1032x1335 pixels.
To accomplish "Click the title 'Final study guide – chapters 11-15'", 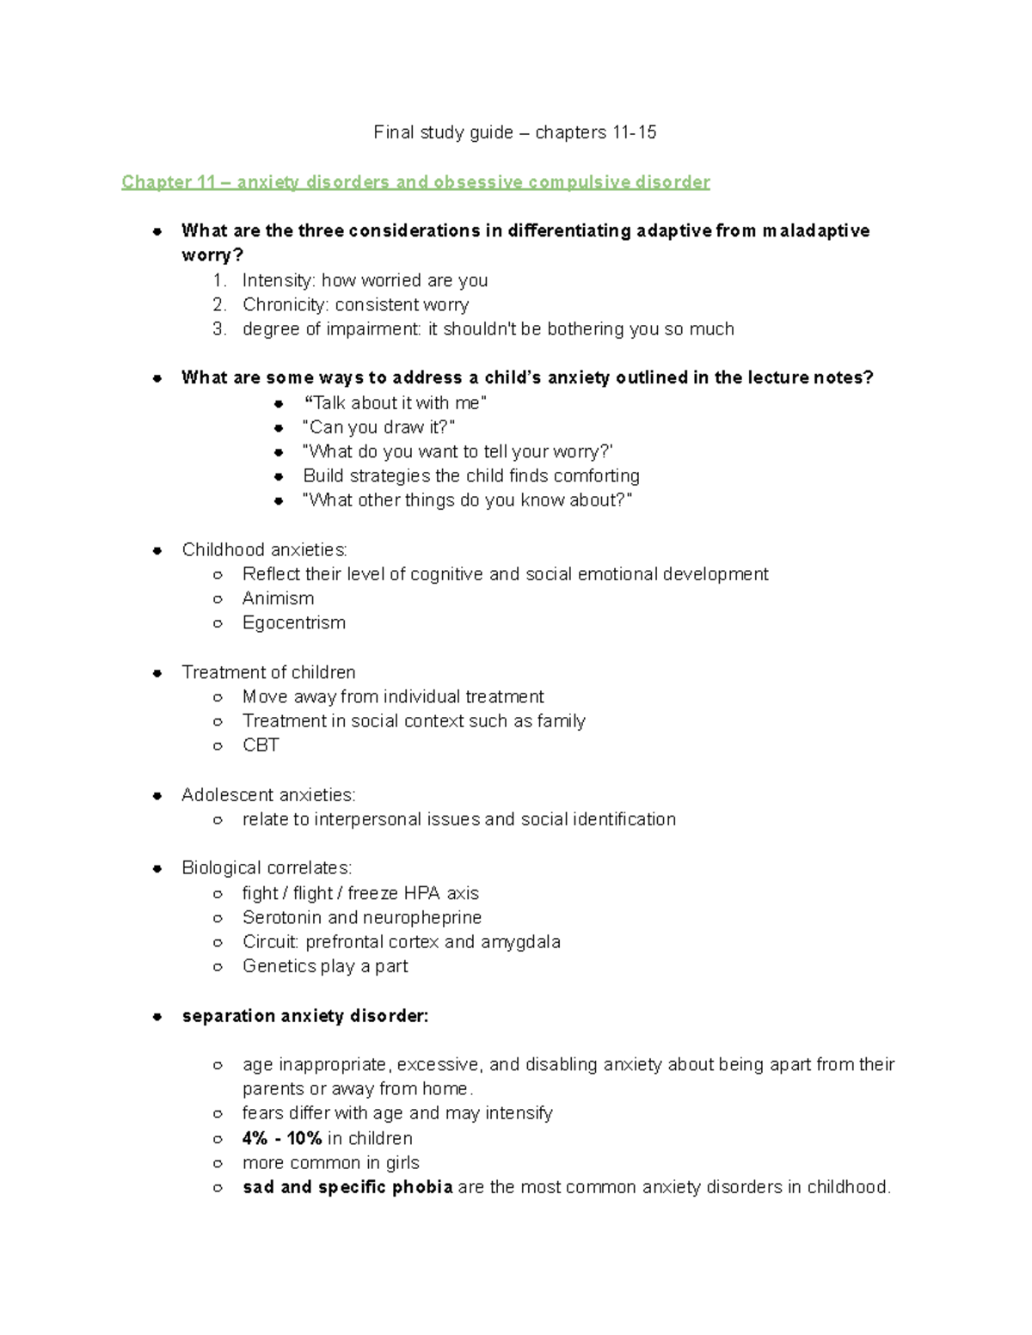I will click(514, 132).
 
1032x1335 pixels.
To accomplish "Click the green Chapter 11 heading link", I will click(415, 182).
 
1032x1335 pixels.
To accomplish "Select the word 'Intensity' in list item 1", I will click(278, 280).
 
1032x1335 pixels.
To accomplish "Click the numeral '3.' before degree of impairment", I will click(219, 329).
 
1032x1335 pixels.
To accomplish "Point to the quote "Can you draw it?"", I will click(378, 427).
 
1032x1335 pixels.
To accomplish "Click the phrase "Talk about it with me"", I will click(396, 403).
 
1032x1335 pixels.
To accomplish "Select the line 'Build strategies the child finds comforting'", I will click(470, 476).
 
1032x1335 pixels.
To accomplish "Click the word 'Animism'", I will click(278, 598).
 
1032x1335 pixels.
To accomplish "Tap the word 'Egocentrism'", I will click(293, 623).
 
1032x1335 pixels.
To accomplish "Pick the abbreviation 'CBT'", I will click(261, 745).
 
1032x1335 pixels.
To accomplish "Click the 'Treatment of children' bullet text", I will click(268, 672).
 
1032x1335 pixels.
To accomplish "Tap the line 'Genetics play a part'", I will click(325, 966).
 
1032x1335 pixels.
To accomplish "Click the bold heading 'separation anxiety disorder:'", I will click(305, 1016).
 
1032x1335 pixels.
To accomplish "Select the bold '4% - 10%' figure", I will click(282, 1138).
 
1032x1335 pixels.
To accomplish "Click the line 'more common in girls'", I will click(330, 1163).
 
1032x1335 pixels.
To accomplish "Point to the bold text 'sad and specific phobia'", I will click(347, 1187).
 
